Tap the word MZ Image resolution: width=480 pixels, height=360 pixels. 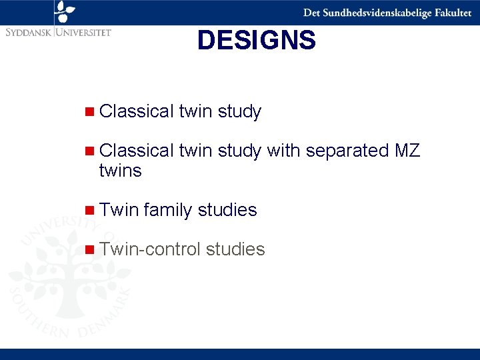coord(407,151)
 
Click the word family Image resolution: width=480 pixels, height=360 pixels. coord(167,210)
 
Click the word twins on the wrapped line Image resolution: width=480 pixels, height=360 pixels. coord(120,171)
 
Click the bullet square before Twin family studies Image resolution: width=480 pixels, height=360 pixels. coord(90,211)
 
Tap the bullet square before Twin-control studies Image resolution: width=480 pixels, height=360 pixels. coord(90,250)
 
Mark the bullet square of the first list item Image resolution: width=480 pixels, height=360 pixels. coord(90,112)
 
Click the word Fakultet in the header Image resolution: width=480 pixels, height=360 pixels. coord(451,13)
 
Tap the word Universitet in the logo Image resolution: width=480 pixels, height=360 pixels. coord(84,31)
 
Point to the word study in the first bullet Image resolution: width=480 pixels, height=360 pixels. coord(239,111)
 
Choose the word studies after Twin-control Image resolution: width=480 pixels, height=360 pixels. coord(235,249)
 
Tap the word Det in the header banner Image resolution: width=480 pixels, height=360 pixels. coord(311,13)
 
